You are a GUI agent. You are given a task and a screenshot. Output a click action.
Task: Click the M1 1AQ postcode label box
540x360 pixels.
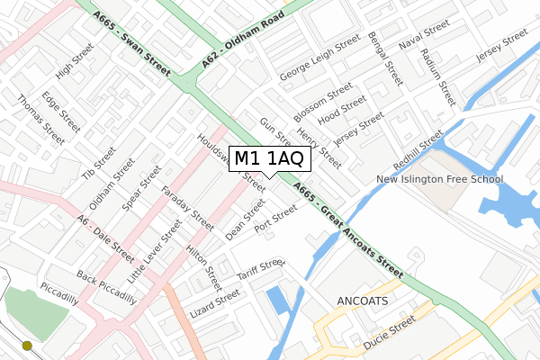pos(272,159)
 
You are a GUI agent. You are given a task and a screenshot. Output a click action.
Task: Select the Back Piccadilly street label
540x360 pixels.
pos(106,287)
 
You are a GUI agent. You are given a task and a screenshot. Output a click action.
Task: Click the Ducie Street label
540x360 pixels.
pos(391,333)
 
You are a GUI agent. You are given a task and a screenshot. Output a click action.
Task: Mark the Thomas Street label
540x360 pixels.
pos(40,121)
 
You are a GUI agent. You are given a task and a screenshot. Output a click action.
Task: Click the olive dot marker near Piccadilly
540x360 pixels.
pos(27,345)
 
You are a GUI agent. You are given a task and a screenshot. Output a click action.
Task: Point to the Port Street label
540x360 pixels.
pos(275,220)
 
